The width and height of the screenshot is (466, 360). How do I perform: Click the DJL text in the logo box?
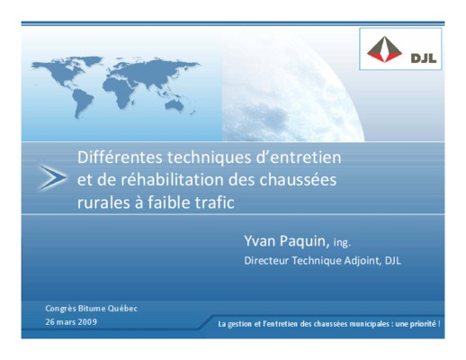[x=424, y=58]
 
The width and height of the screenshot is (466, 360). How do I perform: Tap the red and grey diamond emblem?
[x=384, y=49]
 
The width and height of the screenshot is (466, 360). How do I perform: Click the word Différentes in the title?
[x=120, y=157]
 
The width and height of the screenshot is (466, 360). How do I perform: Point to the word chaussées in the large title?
[x=298, y=180]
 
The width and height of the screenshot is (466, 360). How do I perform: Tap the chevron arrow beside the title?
[x=53, y=177]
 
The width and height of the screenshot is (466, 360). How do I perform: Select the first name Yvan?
[x=260, y=240]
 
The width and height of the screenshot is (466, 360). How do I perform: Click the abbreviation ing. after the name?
[x=342, y=242]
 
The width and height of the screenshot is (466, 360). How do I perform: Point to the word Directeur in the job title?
[x=266, y=260]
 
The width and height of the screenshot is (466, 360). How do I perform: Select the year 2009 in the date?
[x=87, y=322]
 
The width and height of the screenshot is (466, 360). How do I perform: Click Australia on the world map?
[x=175, y=105]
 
